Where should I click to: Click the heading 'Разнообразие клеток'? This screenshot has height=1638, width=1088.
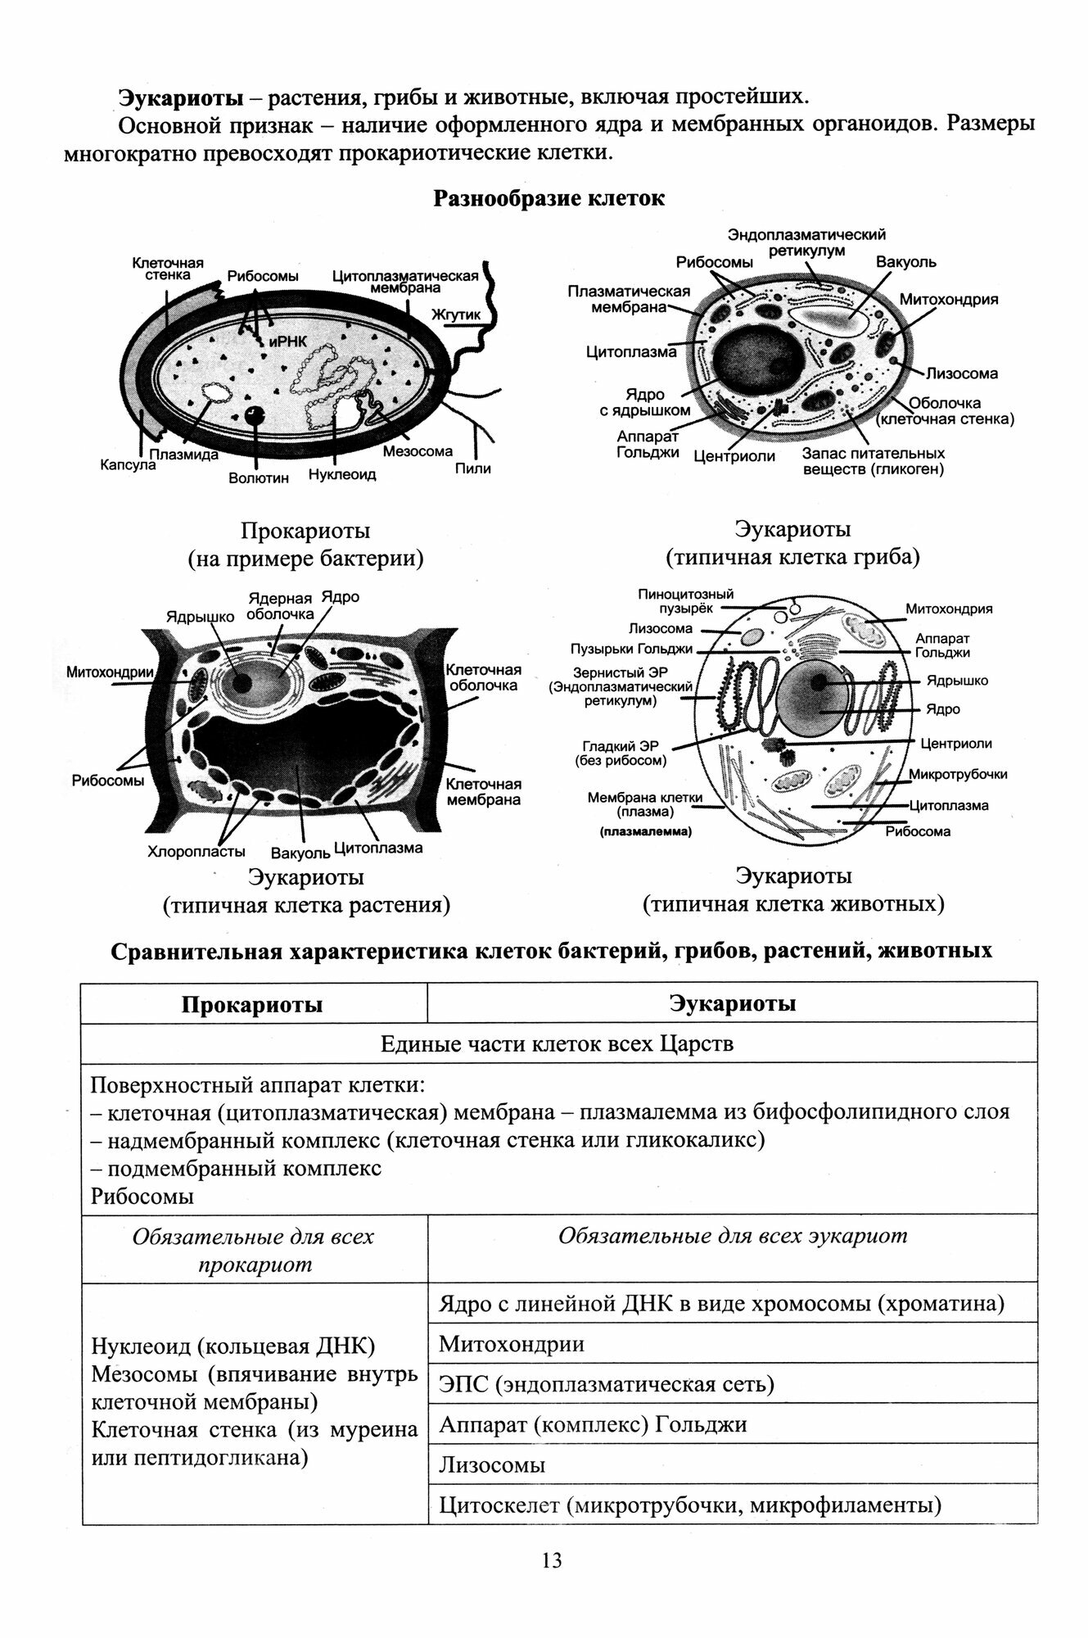pos(549,199)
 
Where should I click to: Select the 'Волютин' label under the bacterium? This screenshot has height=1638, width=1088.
pos(259,478)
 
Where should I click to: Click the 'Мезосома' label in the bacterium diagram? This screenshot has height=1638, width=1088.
pos(417,451)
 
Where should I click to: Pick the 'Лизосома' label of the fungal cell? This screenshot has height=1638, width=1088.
pos(961,373)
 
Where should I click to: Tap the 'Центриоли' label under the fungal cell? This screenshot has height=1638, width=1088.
pos(734,456)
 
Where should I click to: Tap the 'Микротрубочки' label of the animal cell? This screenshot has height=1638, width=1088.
pos(958,775)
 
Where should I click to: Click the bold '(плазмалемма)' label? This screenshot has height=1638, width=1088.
pos(645,832)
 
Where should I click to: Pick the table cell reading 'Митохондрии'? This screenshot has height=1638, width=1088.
pos(511,1344)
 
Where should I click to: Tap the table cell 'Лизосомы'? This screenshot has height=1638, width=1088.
pos(492,1464)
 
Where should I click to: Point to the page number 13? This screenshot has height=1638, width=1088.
pos(552,1560)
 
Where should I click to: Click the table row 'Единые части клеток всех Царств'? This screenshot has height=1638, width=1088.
pos(558,1044)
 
